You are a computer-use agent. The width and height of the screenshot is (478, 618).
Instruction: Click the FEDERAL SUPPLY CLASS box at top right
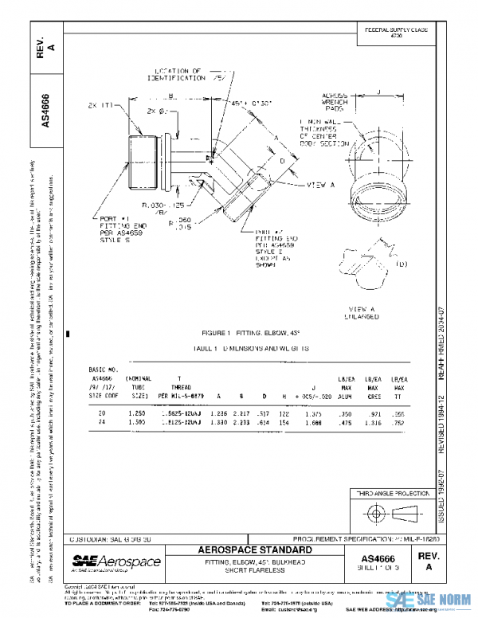coord(395,33)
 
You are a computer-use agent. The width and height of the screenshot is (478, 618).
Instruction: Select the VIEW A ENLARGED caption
coord(362,312)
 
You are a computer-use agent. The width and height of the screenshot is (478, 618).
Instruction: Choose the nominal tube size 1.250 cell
coord(137,413)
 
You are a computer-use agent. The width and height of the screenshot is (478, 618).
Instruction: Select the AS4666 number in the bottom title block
coord(384,559)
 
